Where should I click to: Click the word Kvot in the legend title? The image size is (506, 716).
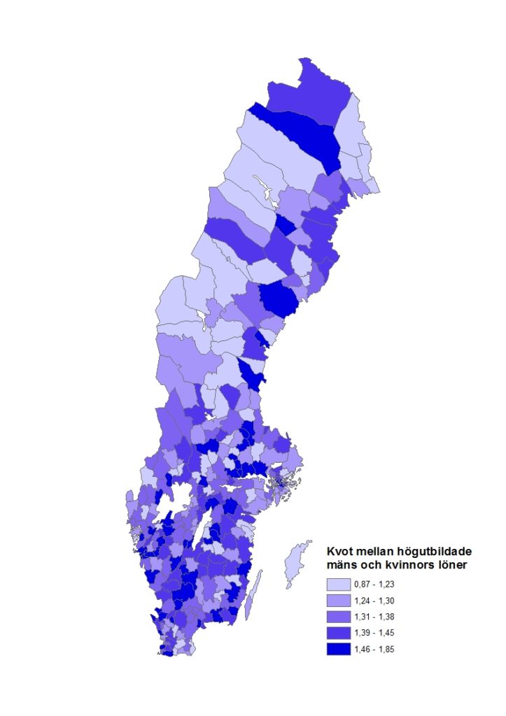click(x=339, y=552)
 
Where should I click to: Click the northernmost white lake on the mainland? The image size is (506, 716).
click(x=264, y=188)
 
